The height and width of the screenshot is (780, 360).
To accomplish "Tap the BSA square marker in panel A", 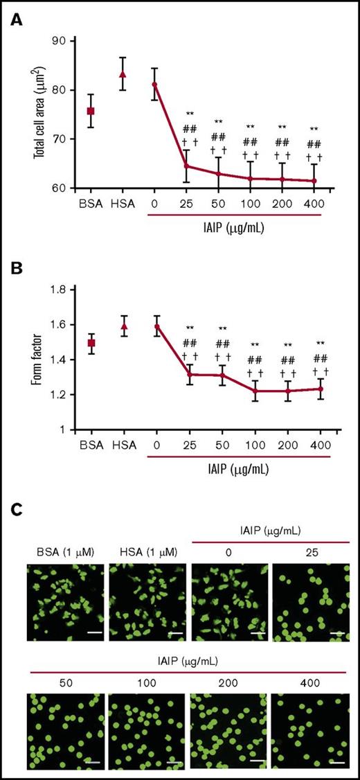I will pyautogui.click(x=91, y=111).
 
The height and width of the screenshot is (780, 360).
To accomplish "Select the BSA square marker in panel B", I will pyautogui.click(x=91, y=343).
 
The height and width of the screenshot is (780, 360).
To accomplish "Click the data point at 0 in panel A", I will pyautogui.click(x=155, y=85).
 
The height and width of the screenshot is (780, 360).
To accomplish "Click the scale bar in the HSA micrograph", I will pyautogui.click(x=175, y=633).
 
